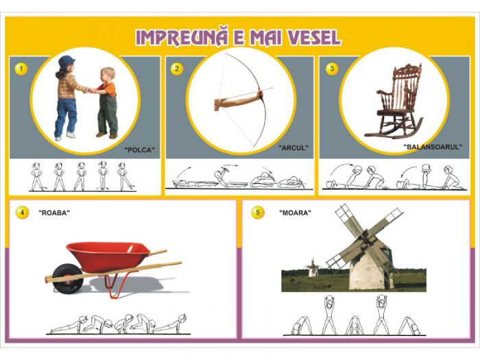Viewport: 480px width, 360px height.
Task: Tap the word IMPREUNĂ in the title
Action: pyautogui.click(x=182, y=37)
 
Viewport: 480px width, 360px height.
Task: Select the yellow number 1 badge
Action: pyautogui.click(x=21, y=69)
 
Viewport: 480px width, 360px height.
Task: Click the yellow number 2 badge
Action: pyautogui.click(x=177, y=69)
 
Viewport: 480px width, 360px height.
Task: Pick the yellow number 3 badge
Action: pyautogui.click(x=332, y=69)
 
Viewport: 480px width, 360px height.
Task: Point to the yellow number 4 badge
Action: pyautogui.click(x=23, y=213)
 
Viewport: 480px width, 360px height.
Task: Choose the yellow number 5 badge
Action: pyautogui.click(x=258, y=213)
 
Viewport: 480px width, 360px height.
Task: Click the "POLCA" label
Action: pyautogui.click(x=140, y=150)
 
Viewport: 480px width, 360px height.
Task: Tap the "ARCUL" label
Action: pyautogui.click(x=293, y=148)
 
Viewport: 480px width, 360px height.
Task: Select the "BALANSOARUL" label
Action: pyautogui.click(x=433, y=147)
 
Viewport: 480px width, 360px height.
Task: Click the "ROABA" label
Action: pyautogui.click(x=54, y=213)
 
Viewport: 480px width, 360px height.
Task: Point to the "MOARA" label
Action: pyautogui.click(x=295, y=213)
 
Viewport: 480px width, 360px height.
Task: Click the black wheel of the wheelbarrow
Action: pyautogui.click(x=67, y=279)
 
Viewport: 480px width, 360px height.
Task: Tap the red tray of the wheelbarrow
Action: pyautogui.click(x=108, y=255)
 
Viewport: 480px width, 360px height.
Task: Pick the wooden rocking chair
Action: pyautogui.click(x=395, y=101)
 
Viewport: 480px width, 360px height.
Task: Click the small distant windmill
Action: pyautogui.click(x=313, y=268)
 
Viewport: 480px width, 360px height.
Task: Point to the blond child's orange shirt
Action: pyautogui.click(x=109, y=88)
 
